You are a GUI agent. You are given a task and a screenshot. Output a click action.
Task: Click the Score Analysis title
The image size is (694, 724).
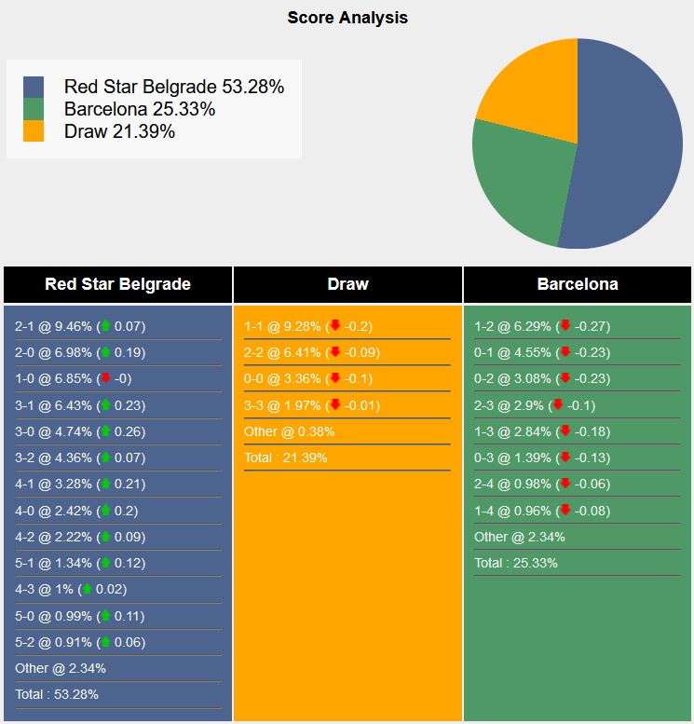tap(347, 18)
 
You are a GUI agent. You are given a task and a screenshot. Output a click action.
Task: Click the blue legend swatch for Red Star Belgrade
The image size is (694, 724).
tap(34, 87)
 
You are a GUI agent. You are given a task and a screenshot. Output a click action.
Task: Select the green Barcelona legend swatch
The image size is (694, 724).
tap(34, 109)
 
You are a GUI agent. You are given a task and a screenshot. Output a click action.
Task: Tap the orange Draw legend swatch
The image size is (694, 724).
tap(34, 131)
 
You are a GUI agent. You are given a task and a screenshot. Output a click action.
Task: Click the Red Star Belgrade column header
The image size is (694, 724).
tap(117, 284)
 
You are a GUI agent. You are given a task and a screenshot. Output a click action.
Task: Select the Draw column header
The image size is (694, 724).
tap(347, 284)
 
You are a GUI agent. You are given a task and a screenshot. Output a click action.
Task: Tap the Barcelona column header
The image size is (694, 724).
tap(578, 284)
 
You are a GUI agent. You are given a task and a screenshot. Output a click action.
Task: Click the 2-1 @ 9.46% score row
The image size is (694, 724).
tap(80, 326)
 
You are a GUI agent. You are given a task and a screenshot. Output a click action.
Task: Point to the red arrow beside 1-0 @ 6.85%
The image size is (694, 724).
tap(106, 378)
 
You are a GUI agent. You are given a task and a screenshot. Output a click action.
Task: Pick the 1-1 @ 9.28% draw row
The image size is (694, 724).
tap(307, 326)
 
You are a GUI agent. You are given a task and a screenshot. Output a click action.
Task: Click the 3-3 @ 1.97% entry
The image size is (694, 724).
tap(308, 404)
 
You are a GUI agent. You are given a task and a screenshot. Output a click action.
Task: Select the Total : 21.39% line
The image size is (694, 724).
tap(286, 458)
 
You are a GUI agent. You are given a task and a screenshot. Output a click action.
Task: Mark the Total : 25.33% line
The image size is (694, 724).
tap(516, 563)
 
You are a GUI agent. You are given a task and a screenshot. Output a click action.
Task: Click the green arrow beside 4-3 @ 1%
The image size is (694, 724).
tap(88, 589)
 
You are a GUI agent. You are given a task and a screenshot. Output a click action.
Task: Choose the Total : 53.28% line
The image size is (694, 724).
tap(57, 694)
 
